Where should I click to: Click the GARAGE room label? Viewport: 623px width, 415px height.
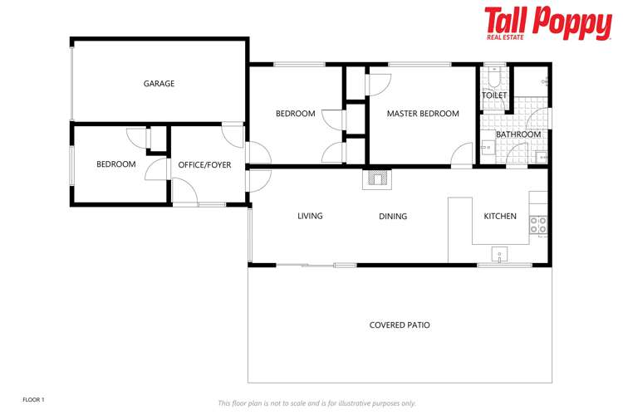pos(159,84)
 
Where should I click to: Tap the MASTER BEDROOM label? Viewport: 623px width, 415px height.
pos(423,114)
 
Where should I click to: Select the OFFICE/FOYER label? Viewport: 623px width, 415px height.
pos(204,164)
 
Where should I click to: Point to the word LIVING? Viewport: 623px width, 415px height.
pos(310,217)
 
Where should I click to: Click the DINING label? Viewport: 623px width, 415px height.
pos(393,217)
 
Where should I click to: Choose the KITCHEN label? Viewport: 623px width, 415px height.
pos(500,217)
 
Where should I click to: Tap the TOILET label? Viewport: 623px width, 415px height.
pos(494,96)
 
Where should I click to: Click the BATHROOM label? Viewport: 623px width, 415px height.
pos(518,134)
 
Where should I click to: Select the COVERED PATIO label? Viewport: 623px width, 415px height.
pos(400,325)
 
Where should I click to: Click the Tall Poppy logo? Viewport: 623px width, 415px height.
pos(547,23)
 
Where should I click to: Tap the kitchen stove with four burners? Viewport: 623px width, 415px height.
pos(538,224)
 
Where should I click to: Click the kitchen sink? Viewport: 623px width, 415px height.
pos(499,254)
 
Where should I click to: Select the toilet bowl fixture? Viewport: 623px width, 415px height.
pos(493,81)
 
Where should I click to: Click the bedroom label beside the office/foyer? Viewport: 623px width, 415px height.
pos(115,164)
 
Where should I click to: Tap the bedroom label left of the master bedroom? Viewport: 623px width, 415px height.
pos(295,114)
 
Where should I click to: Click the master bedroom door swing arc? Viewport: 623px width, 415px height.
pos(463,155)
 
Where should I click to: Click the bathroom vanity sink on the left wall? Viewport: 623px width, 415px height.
pos(487,149)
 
